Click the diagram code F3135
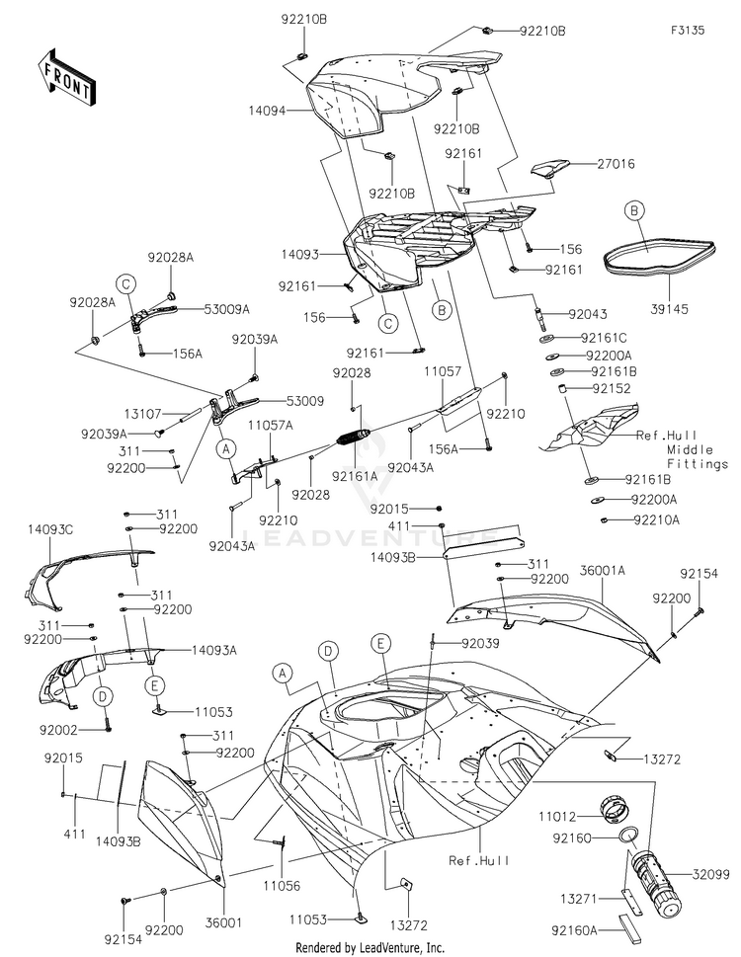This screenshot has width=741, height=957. pos(688,30)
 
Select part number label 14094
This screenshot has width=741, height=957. pos(267,111)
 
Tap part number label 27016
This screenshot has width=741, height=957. pos(616,164)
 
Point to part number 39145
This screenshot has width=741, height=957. pos(669,309)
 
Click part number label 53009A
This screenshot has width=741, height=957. pos(226,309)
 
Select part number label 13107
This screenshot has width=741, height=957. pos(143,414)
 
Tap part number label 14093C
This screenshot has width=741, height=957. pos(50,529)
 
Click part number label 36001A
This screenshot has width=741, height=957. pos(603,570)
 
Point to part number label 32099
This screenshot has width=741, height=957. pos(711,874)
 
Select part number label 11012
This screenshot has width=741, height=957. pos(557,816)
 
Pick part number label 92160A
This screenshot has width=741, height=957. pos(574,930)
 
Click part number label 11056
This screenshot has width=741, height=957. pos(282,885)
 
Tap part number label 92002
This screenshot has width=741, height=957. pos(58,729)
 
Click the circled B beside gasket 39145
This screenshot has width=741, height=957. pos(634,211)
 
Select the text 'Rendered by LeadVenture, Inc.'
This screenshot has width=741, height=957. pos(370,948)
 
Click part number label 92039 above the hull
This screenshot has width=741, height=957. pos(480,643)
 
